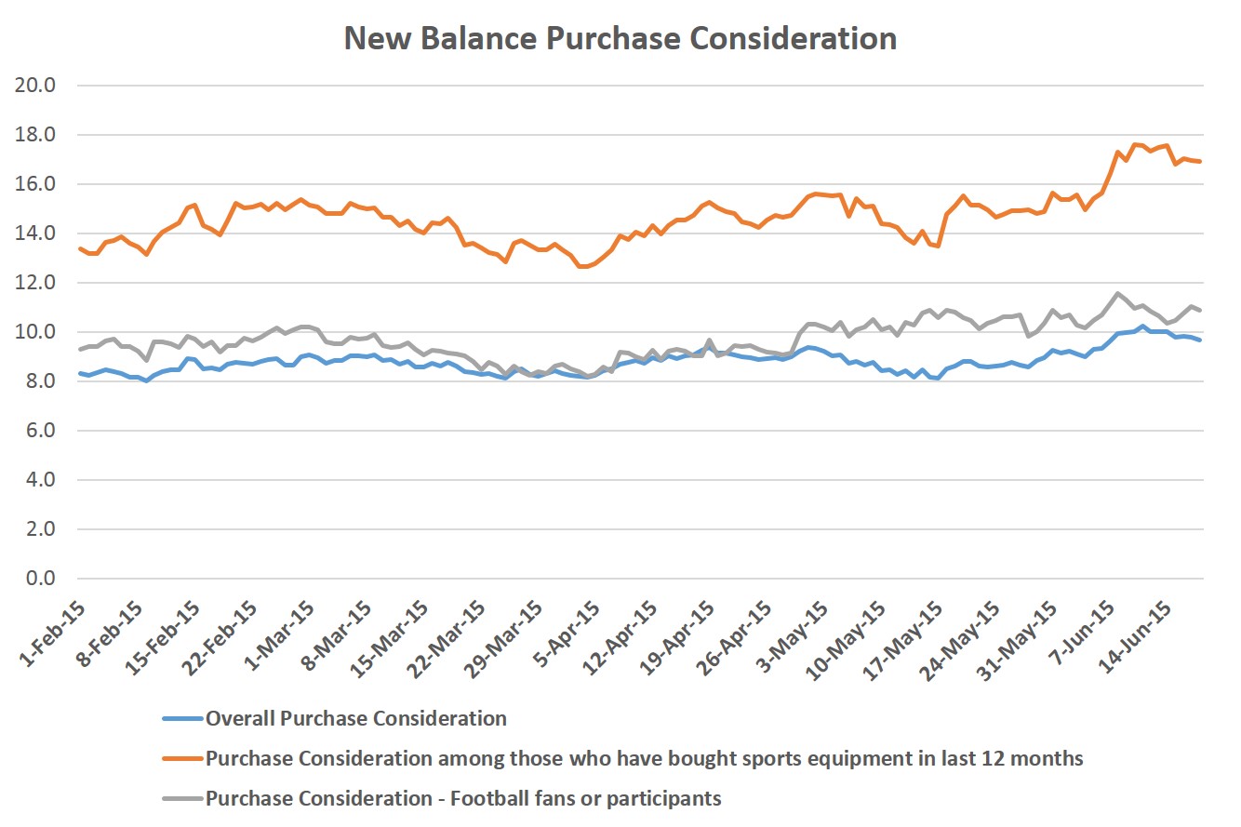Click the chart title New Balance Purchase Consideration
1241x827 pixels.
coord(620,38)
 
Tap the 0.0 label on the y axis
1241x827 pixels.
coord(42,579)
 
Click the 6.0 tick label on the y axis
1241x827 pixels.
coord(42,431)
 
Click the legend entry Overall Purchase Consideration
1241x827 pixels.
coord(356,718)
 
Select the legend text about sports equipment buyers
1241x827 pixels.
coord(645,758)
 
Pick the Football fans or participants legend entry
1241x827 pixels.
coord(463,798)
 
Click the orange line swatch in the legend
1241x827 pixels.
coord(182,759)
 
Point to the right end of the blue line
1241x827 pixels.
coord(1200,340)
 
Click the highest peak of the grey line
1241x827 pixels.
coord(1117,293)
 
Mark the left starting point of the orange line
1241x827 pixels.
coord(80,248)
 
